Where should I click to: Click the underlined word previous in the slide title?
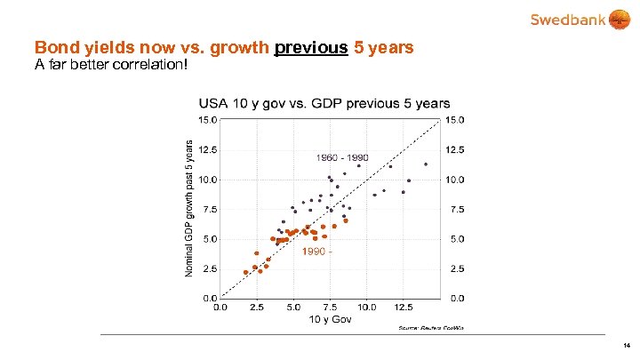coord(311,48)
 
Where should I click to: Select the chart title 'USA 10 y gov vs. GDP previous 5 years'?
coord(324,104)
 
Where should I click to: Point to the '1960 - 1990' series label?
coord(342,157)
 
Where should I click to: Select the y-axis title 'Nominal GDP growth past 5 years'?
coord(188,205)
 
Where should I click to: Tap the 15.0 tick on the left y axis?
coord(206,119)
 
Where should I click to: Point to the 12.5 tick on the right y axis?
coord(455,149)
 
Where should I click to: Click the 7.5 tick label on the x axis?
coord(330,307)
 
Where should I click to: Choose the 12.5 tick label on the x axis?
coord(404,307)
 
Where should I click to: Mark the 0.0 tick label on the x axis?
coord(220,307)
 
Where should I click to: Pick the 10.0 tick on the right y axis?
coord(455,180)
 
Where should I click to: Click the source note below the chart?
coord(431,328)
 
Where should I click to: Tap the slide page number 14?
coord(627,345)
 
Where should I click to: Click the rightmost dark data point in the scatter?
coord(426,164)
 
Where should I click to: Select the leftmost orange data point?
coord(245,272)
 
